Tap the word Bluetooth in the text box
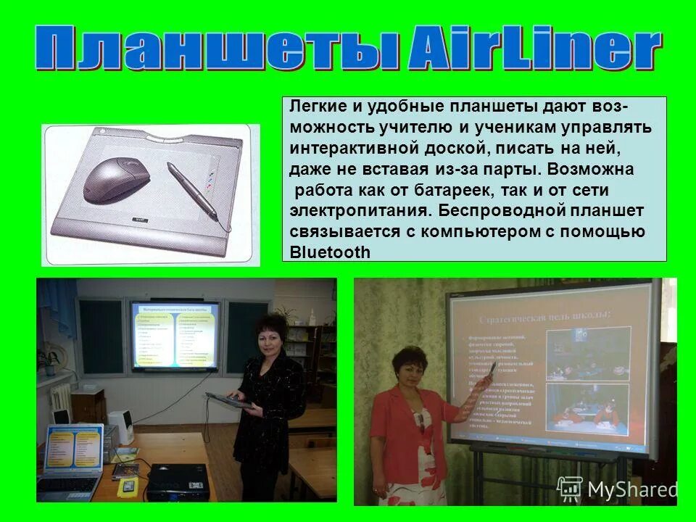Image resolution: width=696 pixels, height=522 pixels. (329, 252)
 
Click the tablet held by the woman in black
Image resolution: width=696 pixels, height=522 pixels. (228, 398)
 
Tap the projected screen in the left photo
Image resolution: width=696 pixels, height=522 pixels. (174, 334)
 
